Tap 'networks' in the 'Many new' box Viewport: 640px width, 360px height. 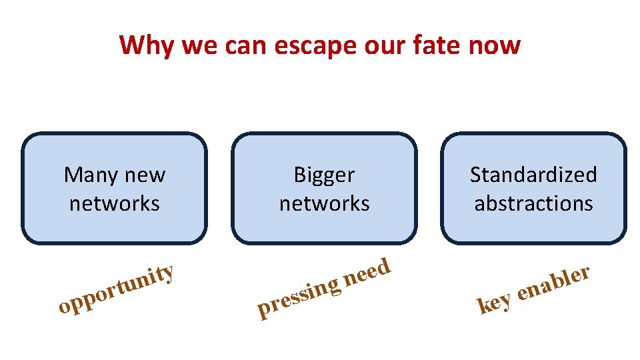pos(115,203)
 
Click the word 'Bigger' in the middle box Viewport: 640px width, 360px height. pos(324,176)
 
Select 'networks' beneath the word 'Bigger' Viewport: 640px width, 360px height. pos(324,203)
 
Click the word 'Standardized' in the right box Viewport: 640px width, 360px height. pos(533,175)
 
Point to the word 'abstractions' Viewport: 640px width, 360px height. pos(533,203)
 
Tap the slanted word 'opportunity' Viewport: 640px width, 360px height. pos(116,290)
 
